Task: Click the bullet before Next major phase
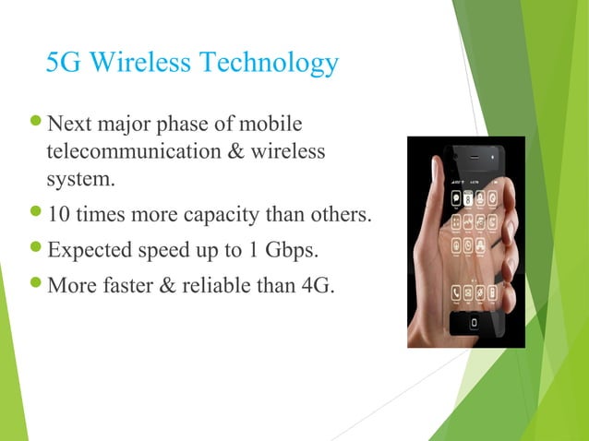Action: click(x=36, y=124)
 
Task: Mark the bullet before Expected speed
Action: click(x=36, y=250)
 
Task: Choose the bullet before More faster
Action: click(x=36, y=283)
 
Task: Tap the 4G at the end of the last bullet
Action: click(x=318, y=283)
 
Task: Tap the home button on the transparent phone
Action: click(x=474, y=324)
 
